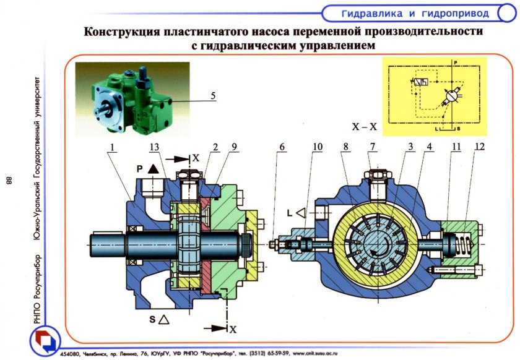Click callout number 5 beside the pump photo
pos(213,96)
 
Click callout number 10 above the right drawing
pos(317,147)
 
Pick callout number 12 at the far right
pos(480,147)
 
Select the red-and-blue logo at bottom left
pos(43,342)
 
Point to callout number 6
pos(282,147)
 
